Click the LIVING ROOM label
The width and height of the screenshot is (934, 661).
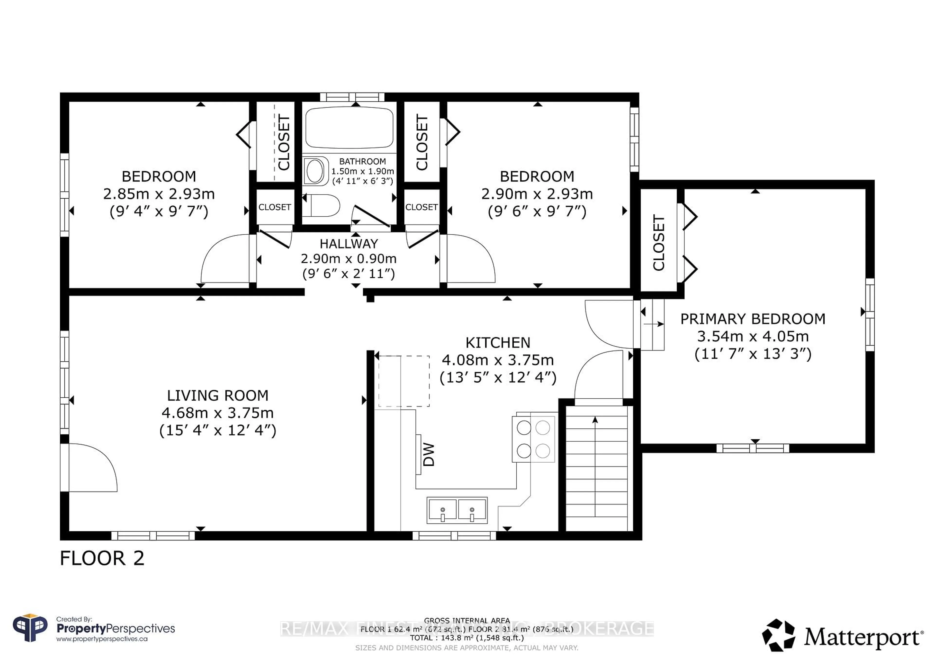[x=218, y=395]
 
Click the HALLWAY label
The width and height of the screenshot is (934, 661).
[x=349, y=244]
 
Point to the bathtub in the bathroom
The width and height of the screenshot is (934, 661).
[x=349, y=127]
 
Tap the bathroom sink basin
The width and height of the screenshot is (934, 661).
[x=315, y=171]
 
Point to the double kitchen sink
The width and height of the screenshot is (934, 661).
[x=457, y=510]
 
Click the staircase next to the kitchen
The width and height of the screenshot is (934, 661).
[x=596, y=468]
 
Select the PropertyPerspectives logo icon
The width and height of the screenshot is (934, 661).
[x=30, y=628]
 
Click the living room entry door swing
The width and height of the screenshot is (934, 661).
[x=91, y=468]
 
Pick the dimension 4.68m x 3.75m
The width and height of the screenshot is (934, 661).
[x=218, y=413]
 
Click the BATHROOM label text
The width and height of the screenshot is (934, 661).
[x=362, y=162]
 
